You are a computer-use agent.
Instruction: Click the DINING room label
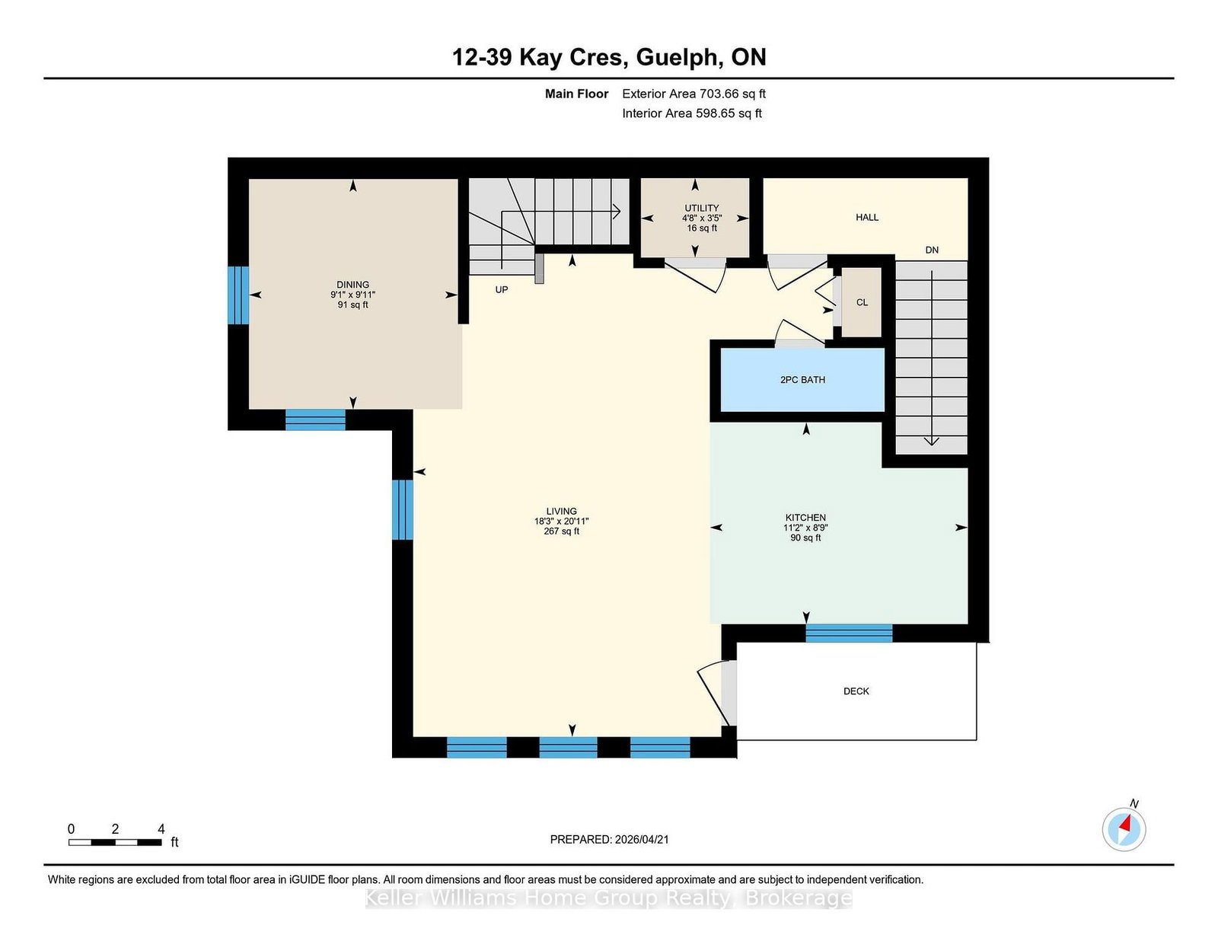352,284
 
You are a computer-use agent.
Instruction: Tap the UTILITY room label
700,208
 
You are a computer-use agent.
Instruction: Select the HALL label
866,218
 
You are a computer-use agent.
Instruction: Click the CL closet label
862,303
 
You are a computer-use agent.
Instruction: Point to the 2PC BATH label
802,380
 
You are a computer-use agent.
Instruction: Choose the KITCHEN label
805,518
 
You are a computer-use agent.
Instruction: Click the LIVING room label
561,511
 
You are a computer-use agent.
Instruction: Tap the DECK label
856,691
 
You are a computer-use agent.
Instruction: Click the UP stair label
501,290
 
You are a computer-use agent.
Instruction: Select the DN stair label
932,250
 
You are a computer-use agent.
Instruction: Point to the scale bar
115,842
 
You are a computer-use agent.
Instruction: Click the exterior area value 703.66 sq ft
732,94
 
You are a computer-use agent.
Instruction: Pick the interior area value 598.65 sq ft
729,113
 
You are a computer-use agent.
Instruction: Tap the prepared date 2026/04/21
642,840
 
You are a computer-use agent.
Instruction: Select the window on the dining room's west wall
238,295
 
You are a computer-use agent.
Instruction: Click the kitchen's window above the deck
849,633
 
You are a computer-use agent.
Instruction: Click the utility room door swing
695,275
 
